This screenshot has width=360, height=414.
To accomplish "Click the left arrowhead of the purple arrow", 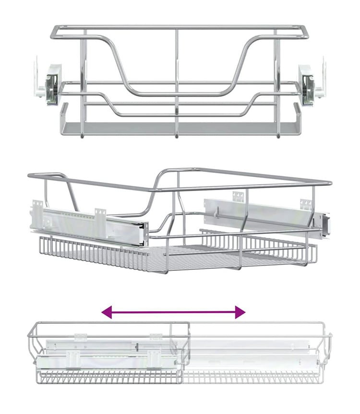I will (107, 313).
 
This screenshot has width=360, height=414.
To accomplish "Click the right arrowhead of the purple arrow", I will (240, 313).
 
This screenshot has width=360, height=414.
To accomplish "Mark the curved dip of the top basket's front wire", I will (177, 91).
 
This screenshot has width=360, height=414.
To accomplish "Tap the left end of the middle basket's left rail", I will (35, 208).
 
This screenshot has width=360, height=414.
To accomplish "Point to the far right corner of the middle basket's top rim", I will (330, 183).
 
